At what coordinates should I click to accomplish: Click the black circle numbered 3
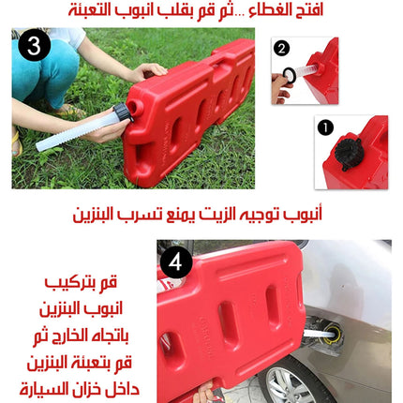pos(34,46)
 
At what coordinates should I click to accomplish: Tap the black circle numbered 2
pos(281,49)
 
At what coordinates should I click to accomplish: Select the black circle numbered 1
pos(325,127)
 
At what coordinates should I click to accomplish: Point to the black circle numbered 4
pos(175,262)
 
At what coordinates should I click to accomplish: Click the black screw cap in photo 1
pos(349,153)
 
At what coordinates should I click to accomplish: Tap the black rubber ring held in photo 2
pos(290,74)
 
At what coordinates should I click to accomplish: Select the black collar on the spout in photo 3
pos(123,112)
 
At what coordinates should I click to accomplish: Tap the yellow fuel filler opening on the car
pos(332,333)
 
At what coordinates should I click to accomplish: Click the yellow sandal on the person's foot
pos(16,144)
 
